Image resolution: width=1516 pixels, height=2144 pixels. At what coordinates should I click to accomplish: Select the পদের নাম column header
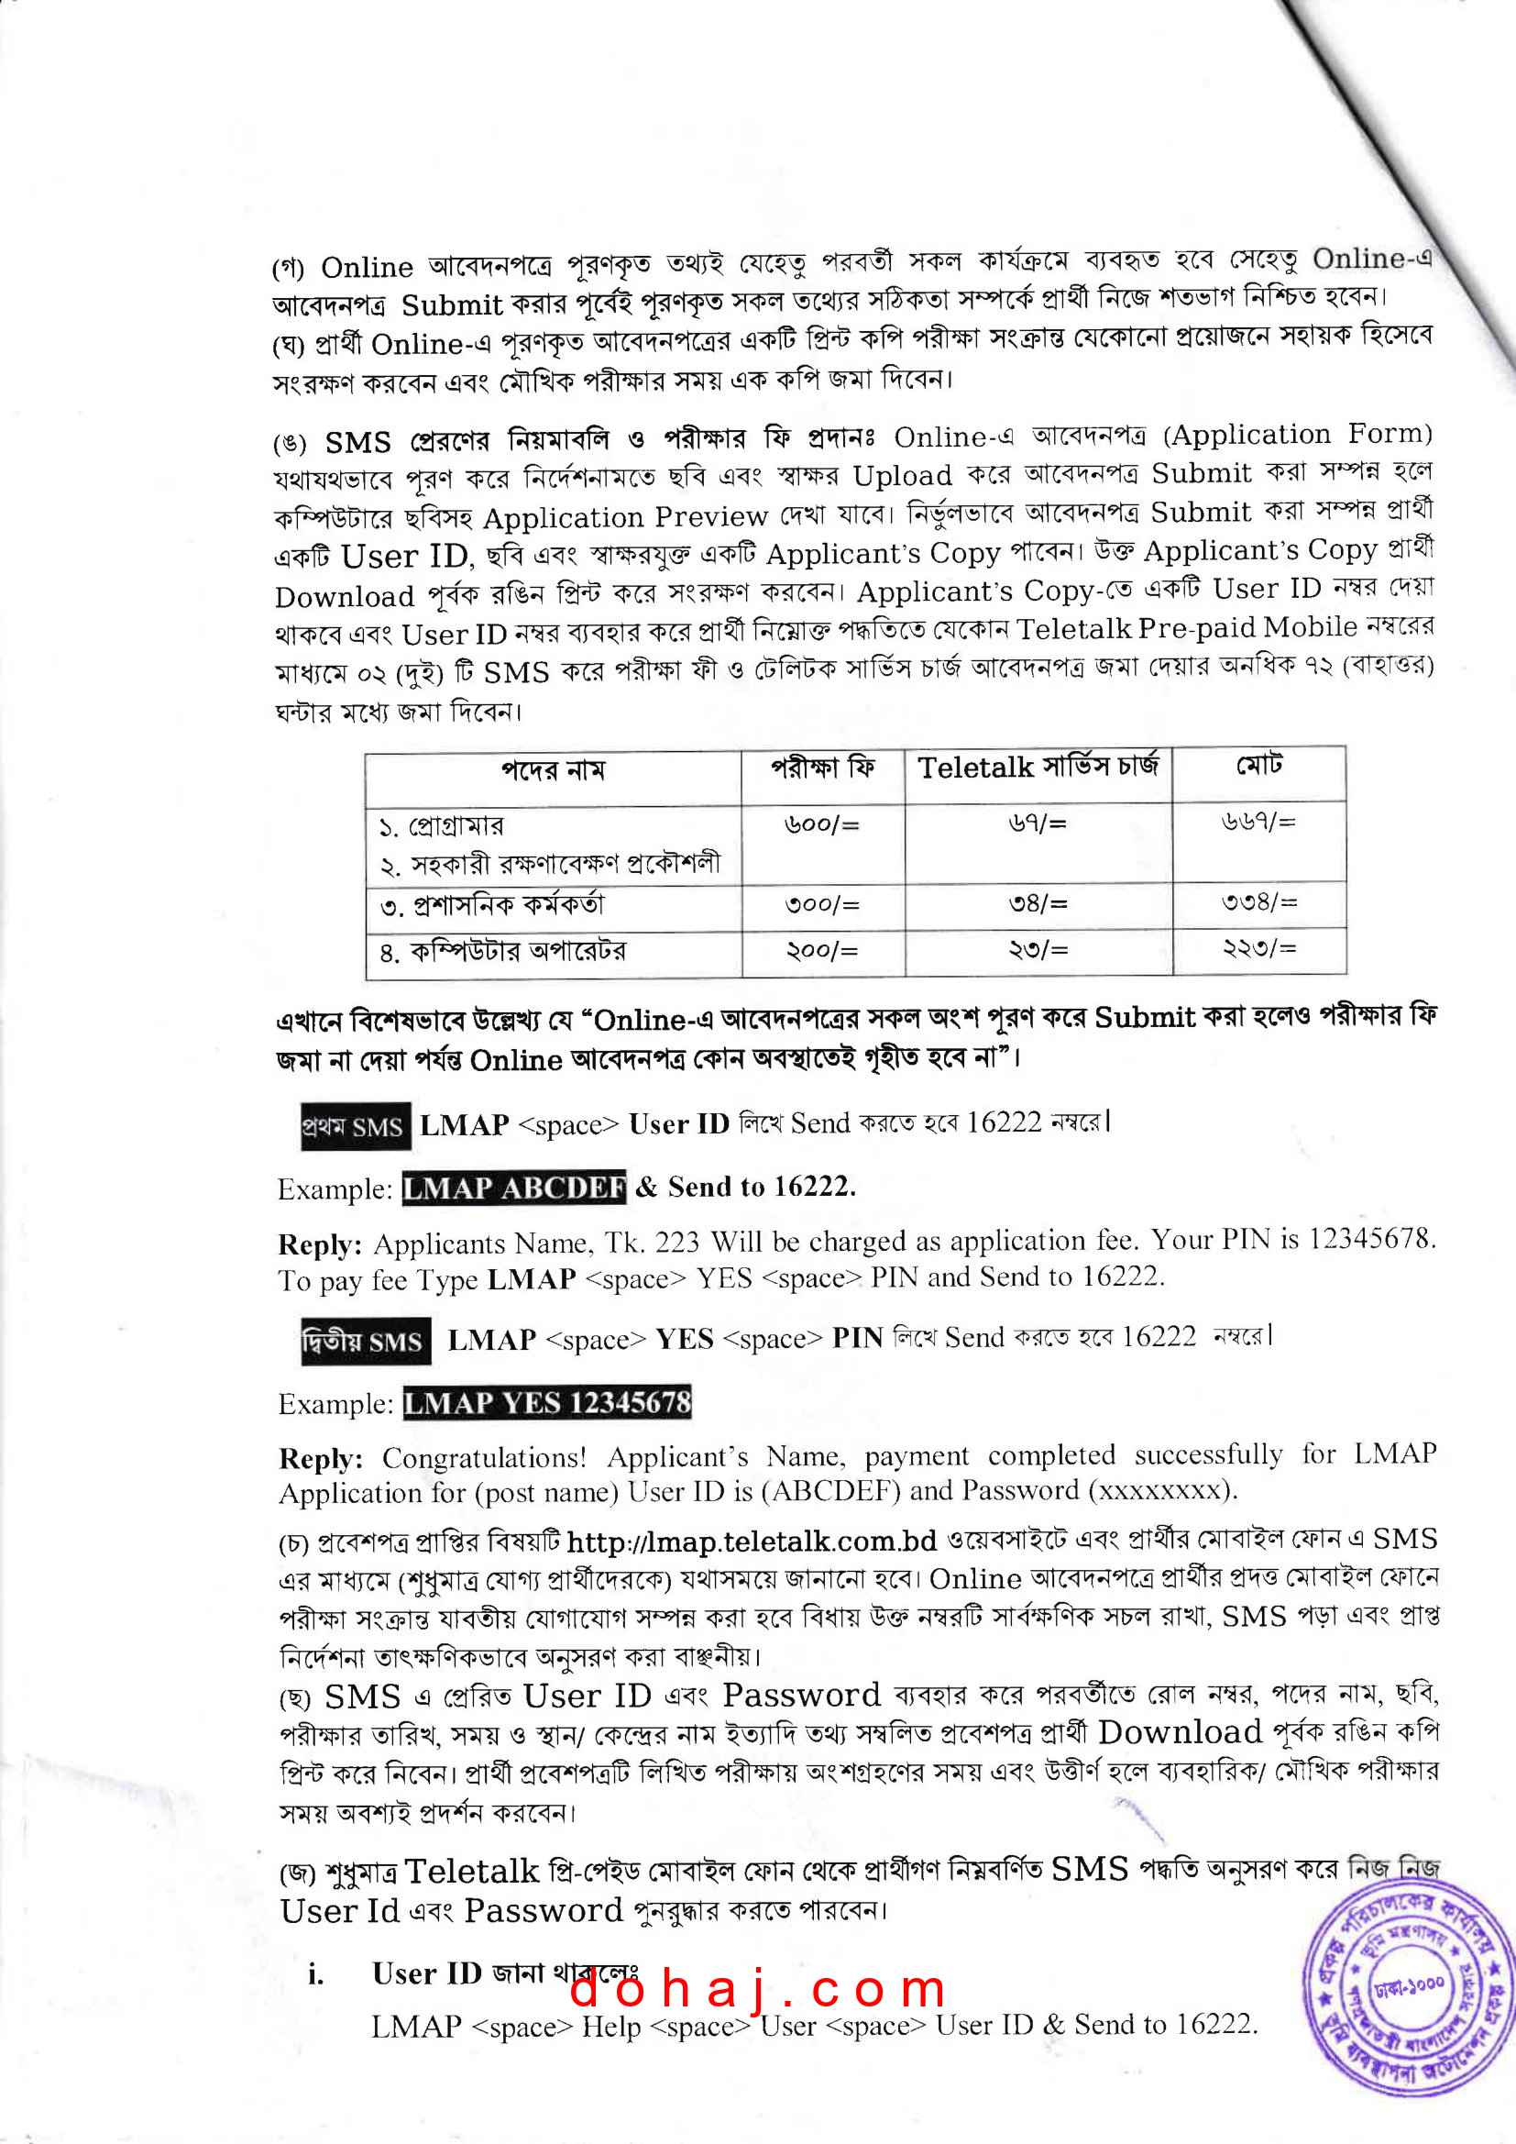553,771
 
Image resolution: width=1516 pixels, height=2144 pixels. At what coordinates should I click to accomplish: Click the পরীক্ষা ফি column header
822,768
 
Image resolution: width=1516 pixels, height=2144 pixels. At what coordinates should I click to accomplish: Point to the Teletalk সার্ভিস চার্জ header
1038,768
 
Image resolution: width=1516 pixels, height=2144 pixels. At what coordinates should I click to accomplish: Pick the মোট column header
1258,766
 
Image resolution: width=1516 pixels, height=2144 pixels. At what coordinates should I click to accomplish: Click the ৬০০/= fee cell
821,824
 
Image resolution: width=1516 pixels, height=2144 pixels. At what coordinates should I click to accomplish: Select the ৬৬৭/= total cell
1258,822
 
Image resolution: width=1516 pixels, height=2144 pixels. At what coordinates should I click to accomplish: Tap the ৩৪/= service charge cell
1038,904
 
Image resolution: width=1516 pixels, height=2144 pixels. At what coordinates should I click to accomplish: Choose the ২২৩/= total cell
1258,949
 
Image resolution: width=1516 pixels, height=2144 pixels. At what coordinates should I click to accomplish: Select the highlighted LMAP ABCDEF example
513,1188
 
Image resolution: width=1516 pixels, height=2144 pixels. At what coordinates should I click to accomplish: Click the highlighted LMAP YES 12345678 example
547,1402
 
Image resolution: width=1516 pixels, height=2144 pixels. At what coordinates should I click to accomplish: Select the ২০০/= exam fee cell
821,951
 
